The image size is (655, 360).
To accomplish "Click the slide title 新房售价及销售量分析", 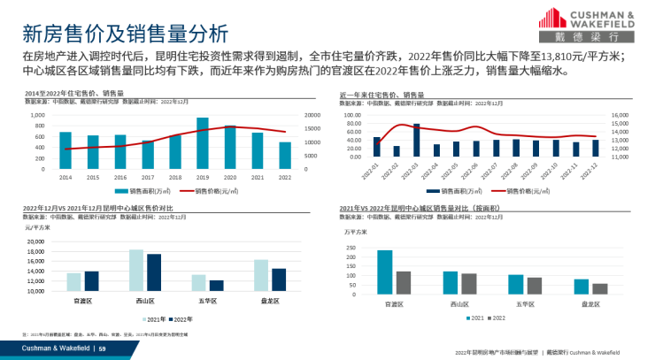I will click(124, 32).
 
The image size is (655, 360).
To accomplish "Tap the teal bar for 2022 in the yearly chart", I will click(284, 156).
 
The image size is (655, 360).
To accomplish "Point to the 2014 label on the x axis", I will click(65, 177).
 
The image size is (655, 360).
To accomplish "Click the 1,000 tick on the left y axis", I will click(37, 116).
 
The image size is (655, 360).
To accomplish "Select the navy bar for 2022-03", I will click(417, 141).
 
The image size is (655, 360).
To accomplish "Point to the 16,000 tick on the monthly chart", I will click(620, 114).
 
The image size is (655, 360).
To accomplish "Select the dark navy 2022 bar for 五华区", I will click(216, 286).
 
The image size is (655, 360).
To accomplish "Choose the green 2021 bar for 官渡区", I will click(384, 272).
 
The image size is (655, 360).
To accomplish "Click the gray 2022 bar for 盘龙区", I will click(599, 289).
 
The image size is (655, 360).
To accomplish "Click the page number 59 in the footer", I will click(102, 349).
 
